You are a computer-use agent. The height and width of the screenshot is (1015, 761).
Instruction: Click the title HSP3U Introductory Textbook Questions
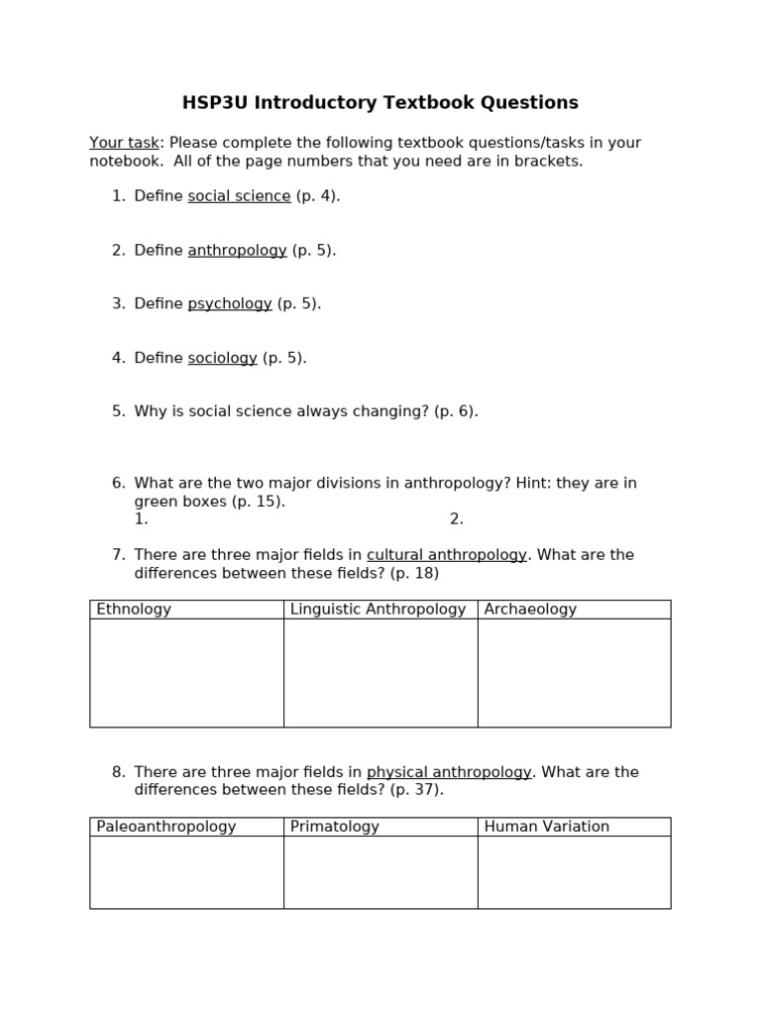380,103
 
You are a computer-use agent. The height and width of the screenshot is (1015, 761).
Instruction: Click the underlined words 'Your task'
124,143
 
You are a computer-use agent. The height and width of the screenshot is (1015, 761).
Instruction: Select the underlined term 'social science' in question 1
239,196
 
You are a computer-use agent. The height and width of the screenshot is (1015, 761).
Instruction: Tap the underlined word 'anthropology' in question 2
237,251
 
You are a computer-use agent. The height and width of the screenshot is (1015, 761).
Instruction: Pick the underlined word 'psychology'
230,304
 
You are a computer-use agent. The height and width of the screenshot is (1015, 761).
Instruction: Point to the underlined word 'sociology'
222,358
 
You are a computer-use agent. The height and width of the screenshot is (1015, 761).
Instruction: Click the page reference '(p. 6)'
456,411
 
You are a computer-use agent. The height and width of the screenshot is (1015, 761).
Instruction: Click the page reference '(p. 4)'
318,196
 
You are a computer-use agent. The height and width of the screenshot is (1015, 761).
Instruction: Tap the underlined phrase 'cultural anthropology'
446,555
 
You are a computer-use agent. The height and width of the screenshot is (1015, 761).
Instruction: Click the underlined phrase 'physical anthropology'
449,772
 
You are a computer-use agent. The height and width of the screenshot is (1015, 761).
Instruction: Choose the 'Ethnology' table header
134,610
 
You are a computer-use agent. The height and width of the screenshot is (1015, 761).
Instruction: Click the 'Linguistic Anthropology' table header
378,610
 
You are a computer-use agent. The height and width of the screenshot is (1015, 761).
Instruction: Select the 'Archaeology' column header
530,610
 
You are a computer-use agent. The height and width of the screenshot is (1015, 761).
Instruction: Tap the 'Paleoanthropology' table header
166,827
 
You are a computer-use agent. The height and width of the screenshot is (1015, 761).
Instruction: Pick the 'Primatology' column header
335,827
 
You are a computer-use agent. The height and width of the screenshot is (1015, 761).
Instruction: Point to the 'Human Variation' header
547,827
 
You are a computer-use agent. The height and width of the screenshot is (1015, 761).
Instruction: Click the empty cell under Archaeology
574,672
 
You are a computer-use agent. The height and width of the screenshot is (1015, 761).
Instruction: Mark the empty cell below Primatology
380,871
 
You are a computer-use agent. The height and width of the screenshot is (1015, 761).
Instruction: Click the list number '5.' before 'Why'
119,411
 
